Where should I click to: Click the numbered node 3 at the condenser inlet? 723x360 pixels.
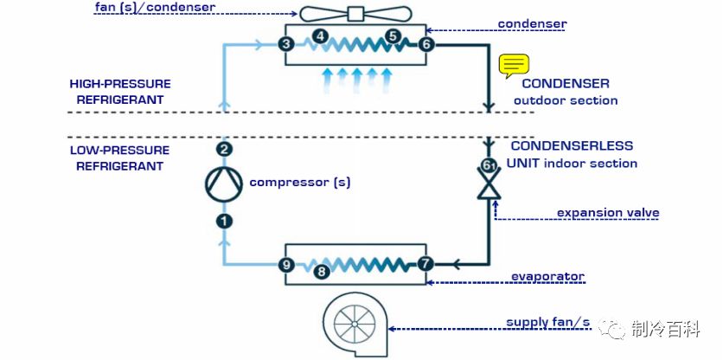coord(286,44)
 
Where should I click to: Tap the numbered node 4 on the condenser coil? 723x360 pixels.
coord(321,36)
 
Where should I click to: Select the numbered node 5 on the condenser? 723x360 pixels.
coord(393,36)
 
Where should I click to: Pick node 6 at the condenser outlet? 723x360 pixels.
coord(425,44)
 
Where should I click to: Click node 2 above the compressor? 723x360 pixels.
coord(224,150)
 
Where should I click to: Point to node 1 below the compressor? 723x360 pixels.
coord(224,222)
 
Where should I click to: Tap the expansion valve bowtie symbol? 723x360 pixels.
coord(490,184)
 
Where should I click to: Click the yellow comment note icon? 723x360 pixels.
coord(514,66)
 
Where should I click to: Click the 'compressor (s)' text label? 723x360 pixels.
coord(300,183)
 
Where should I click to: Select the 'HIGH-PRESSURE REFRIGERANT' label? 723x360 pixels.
coord(120,92)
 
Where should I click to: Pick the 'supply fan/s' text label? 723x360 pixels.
coord(548,323)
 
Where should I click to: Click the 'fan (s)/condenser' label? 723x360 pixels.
coord(155,8)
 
